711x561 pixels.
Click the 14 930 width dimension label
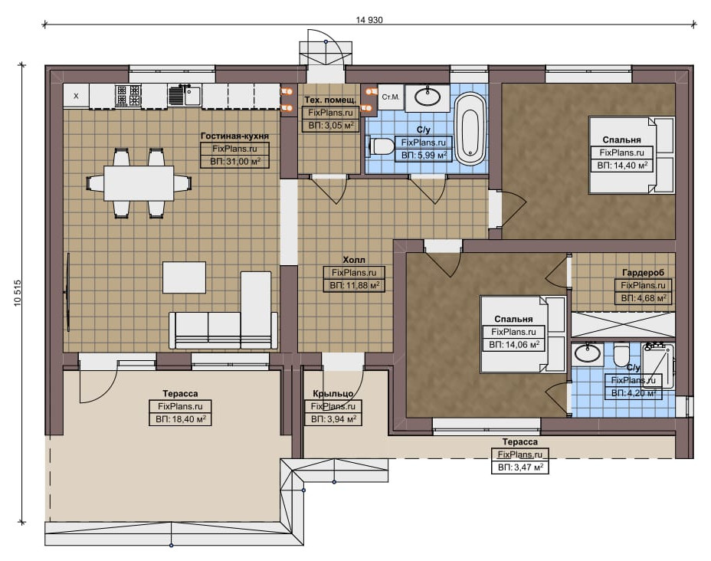pos(369,20)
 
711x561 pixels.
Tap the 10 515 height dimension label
pos(18,293)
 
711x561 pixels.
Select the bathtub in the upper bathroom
pos(470,129)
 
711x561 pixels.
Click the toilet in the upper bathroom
pos(382,146)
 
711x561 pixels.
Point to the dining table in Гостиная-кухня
pos(139,183)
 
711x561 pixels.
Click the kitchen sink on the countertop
pos(185,95)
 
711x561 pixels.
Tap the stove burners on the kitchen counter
pos(128,96)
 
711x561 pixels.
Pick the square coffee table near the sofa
pos(184,277)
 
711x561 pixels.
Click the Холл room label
pos(354,260)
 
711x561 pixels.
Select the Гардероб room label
pos(643,273)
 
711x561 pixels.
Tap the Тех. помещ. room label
pos(330,100)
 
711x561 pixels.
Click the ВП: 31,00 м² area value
pos(235,162)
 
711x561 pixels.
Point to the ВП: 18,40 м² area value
pos(181,419)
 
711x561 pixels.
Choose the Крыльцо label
pos(333,394)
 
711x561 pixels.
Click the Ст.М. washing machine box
pos(391,97)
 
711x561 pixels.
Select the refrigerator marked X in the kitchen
pos(76,96)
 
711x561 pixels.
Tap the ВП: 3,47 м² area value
pos(520,467)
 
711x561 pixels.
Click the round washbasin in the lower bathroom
pos(587,353)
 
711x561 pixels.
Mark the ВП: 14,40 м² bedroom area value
pos(621,166)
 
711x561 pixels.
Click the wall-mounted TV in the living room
pos(68,293)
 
